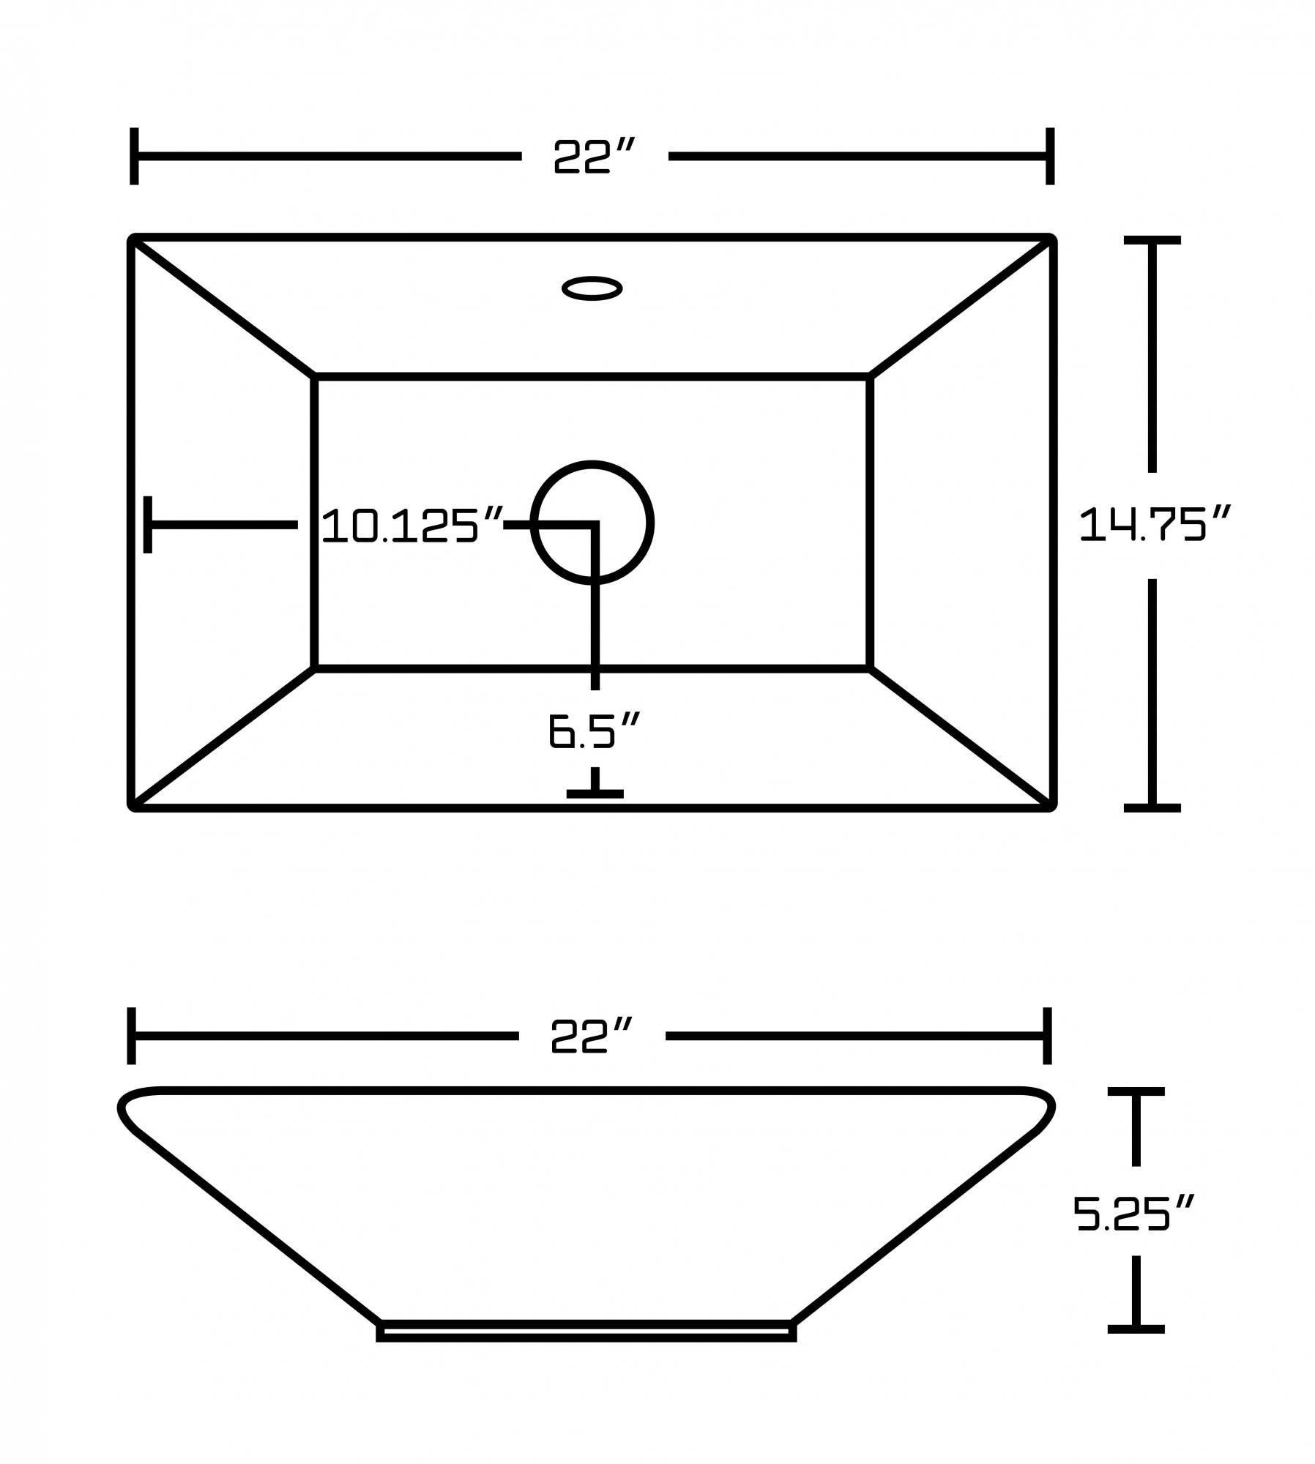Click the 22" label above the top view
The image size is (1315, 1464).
[592, 156]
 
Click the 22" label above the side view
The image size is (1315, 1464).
[590, 1036]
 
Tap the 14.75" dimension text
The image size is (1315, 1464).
[1155, 524]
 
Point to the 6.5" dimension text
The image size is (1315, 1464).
[594, 730]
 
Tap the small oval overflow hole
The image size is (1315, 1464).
[592, 288]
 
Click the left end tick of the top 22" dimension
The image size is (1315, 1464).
[134, 156]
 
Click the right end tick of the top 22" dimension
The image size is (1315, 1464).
[1049, 156]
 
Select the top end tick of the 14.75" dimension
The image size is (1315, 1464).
[1152, 240]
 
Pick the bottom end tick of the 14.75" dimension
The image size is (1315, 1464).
[1152, 807]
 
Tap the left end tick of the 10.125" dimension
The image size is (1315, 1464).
[148, 524]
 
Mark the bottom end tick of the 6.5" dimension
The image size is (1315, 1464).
[595, 793]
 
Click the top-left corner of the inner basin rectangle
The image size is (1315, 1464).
[315, 377]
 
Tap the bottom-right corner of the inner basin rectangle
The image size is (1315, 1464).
[870, 668]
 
